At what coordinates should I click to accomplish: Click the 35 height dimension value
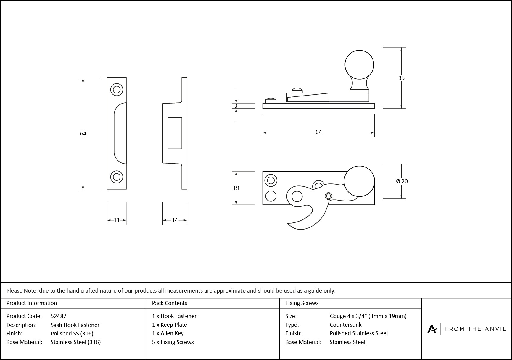(x=401, y=78)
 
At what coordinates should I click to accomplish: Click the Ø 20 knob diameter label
(x=402, y=181)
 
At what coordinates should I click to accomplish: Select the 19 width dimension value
(x=236, y=188)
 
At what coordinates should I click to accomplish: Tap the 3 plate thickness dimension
(x=236, y=106)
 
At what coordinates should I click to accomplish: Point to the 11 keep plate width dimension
(x=117, y=220)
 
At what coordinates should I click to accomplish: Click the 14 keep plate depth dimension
(x=175, y=220)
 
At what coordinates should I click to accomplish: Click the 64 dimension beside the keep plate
(x=83, y=134)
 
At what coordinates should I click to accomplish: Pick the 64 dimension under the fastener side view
(x=318, y=132)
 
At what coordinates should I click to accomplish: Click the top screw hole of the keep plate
(x=117, y=89)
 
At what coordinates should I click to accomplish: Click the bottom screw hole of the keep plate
(x=117, y=177)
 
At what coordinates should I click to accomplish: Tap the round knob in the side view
(x=359, y=65)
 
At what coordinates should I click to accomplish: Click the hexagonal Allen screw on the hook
(x=329, y=196)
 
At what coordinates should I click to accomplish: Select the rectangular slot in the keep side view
(x=175, y=133)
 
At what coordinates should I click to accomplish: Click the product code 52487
(x=58, y=316)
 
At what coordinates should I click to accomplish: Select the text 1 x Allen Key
(x=168, y=333)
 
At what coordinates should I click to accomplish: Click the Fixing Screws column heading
(x=302, y=303)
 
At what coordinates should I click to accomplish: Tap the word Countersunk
(x=345, y=325)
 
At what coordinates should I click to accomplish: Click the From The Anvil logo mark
(x=432, y=329)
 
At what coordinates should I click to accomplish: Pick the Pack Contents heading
(x=170, y=303)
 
